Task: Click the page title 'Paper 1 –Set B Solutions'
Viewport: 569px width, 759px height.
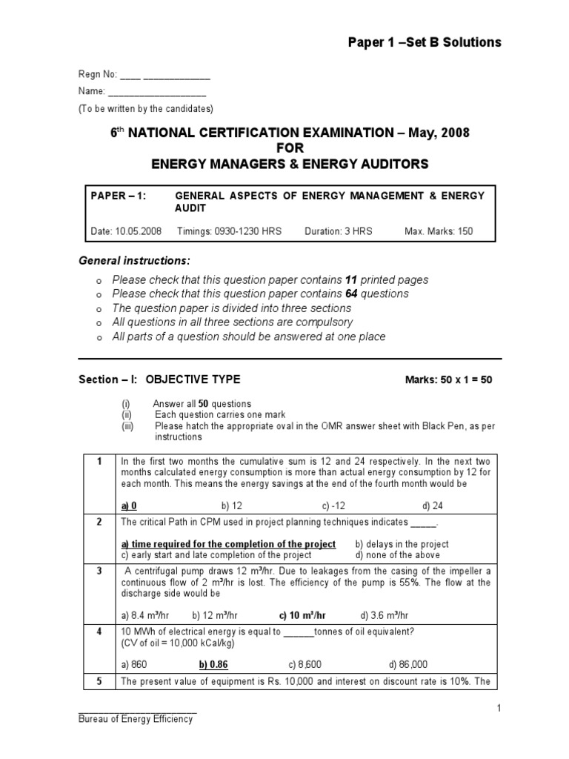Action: (425, 42)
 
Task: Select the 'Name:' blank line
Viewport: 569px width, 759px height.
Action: (157, 92)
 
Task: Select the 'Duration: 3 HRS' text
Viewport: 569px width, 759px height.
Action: (339, 231)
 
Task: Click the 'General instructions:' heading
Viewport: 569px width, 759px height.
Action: (134, 261)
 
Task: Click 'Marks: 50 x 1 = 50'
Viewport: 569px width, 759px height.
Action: (448, 380)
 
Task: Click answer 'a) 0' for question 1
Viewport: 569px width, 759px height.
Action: (129, 506)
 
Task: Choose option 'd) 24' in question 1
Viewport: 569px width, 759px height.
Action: (431, 506)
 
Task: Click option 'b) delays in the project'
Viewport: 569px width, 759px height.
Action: (402, 544)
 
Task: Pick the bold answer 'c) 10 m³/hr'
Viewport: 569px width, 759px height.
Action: (302, 615)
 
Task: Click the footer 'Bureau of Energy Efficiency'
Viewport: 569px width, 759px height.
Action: (136, 719)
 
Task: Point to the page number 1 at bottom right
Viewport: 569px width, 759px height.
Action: (499, 709)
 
